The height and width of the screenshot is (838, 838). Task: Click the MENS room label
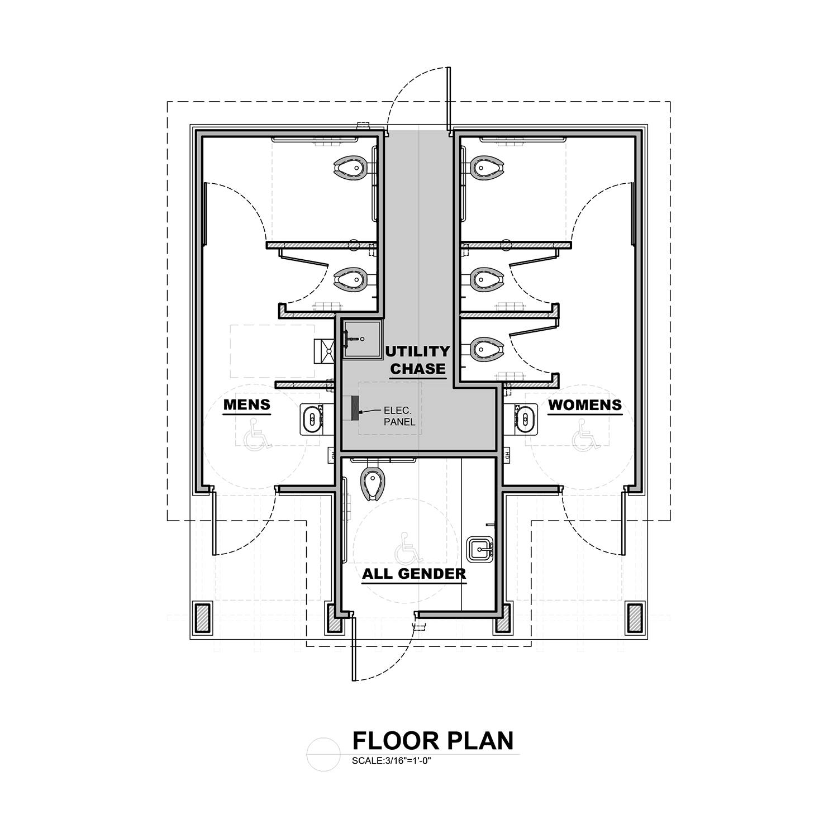[247, 404]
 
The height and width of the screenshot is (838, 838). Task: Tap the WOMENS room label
[585, 404]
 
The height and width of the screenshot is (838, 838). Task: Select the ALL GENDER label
[414, 574]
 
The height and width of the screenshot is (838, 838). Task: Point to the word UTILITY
[417, 351]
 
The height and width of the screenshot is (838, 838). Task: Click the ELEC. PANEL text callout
[399, 416]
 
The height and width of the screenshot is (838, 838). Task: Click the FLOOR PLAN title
[433, 740]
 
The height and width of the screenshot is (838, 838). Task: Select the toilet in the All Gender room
[372, 479]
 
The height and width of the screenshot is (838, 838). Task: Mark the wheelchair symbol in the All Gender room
[405, 549]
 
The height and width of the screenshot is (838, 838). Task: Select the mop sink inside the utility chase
[362, 339]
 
